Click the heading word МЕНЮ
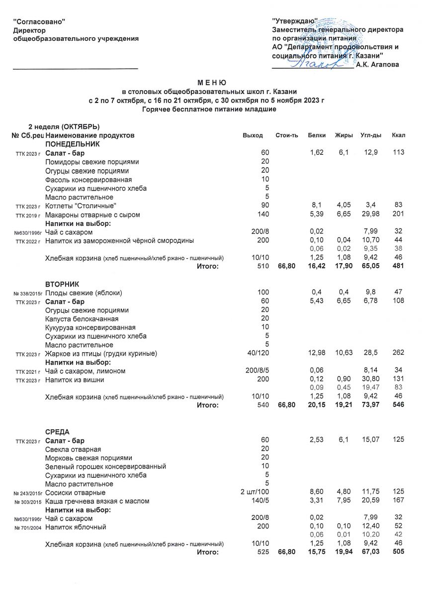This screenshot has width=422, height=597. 211,83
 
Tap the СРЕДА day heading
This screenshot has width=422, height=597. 57,431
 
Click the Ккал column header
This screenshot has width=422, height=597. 398,135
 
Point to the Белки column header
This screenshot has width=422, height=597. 317,135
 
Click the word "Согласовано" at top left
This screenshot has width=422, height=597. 39,21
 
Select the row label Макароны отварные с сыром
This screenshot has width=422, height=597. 92,214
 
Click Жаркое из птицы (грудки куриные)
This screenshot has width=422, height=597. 101,354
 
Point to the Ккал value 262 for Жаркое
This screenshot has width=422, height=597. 398,354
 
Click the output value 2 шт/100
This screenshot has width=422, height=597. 254,493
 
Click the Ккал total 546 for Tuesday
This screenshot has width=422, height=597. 398,405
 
